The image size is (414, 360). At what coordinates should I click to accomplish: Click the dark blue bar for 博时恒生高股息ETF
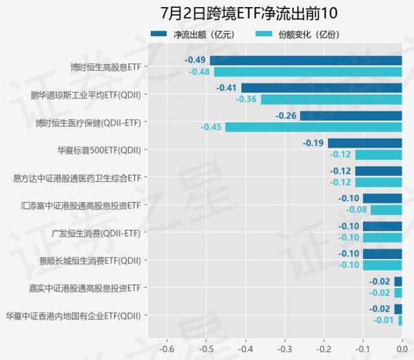(x=305, y=60)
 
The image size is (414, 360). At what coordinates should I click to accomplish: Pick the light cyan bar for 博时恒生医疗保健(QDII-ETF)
(x=313, y=127)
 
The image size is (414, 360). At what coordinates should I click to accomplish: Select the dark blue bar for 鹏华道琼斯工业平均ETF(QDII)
(x=321, y=88)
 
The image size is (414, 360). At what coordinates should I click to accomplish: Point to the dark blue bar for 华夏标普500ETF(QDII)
(x=365, y=143)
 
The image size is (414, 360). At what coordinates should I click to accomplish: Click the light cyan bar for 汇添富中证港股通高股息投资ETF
(x=386, y=210)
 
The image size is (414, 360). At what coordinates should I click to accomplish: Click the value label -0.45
(x=211, y=127)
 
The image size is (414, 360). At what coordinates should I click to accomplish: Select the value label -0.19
(x=314, y=143)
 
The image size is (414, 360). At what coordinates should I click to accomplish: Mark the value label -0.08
(x=356, y=210)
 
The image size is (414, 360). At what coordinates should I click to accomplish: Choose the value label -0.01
(x=384, y=320)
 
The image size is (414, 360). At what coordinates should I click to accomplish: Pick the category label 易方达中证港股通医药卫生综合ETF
(x=77, y=177)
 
